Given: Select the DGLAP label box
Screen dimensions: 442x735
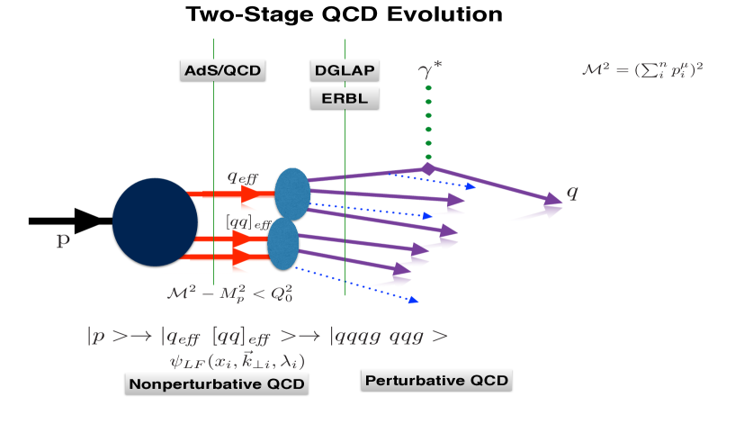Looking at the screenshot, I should click(x=344, y=71).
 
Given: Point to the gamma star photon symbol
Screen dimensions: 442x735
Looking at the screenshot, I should click(x=431, y=68).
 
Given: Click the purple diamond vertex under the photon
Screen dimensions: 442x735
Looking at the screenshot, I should click(x=428, y=168).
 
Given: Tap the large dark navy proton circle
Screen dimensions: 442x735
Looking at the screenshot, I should click(x=155, y=222).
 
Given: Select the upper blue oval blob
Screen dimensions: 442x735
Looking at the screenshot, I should click(x=291, y=193).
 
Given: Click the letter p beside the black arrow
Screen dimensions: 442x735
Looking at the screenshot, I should click(x=62, y=244).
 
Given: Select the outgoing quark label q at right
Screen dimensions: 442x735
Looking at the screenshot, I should click(x=571, y=193).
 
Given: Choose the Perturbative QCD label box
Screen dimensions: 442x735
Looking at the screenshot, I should click(x=436, y=381).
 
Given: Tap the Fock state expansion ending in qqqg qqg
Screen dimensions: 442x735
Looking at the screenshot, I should click(x=266, y=338).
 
